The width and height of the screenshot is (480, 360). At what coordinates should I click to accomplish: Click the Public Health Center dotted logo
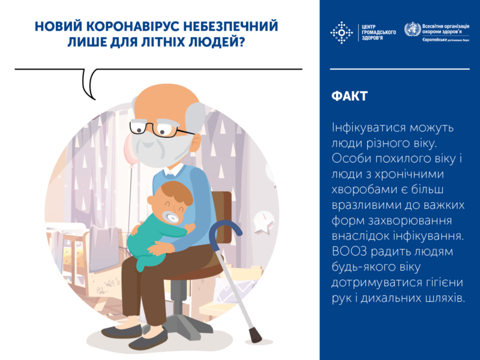point(342,32)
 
